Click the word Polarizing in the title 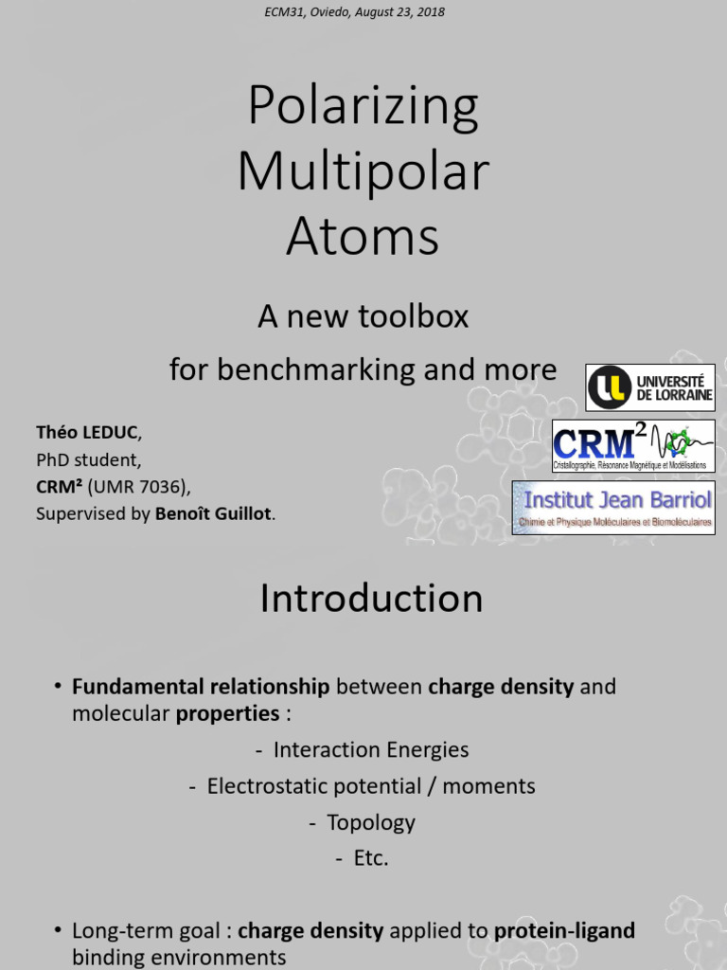point(363,107)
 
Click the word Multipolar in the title point(363,171)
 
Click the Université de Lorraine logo point(649,386)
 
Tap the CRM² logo point(633,445)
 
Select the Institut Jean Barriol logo point(613,507)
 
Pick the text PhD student point(88,460)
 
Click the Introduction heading point(371,599)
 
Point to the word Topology point(370,822)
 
